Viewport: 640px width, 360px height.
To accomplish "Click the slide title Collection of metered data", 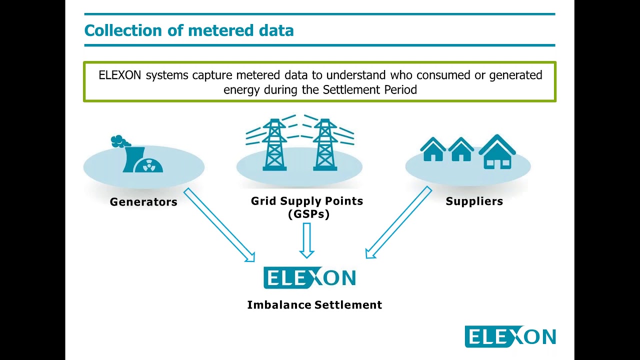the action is [189, 30].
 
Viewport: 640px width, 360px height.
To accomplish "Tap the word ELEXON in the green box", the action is [119, 75].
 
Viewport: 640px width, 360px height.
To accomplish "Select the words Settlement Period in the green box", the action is [370, 89].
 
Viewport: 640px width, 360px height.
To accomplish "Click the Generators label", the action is [143, 201].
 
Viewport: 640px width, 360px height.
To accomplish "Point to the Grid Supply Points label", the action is [307, 201].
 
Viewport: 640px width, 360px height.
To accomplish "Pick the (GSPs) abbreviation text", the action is [308, 214].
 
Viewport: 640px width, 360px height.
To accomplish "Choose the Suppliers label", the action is [474, 201].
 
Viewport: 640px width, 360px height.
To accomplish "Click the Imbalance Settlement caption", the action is [314, 305].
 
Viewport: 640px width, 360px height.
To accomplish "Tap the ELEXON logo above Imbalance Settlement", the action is [309, 277].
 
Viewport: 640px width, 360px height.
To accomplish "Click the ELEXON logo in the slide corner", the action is [510, 336].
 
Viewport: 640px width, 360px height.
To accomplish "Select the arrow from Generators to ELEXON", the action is [219, 225].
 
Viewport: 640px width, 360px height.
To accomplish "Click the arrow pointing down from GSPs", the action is [307, 240].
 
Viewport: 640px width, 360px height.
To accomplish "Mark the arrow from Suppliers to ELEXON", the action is [399, 222].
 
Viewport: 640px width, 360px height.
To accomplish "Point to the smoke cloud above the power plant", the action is [120, 141].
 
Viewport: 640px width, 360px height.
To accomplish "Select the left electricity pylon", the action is [274, 144].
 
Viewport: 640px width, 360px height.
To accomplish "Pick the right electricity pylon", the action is [325, 144].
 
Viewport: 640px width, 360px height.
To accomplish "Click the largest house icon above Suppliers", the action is [497, 151].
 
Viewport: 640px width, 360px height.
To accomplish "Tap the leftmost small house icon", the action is [433, 149].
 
